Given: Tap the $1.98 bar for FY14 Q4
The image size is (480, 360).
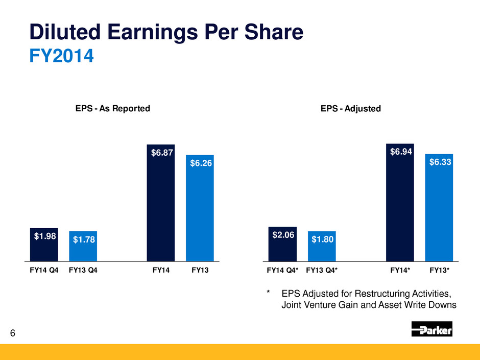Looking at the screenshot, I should (44, 245).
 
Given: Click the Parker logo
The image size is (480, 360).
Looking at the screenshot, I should (431, 329).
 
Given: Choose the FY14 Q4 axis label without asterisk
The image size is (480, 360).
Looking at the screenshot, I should (44, 272).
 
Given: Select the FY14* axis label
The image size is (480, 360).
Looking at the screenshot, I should (400, 272).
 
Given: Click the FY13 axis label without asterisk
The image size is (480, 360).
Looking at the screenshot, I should (200, 272).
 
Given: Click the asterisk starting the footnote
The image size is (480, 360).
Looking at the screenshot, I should (268, 294).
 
